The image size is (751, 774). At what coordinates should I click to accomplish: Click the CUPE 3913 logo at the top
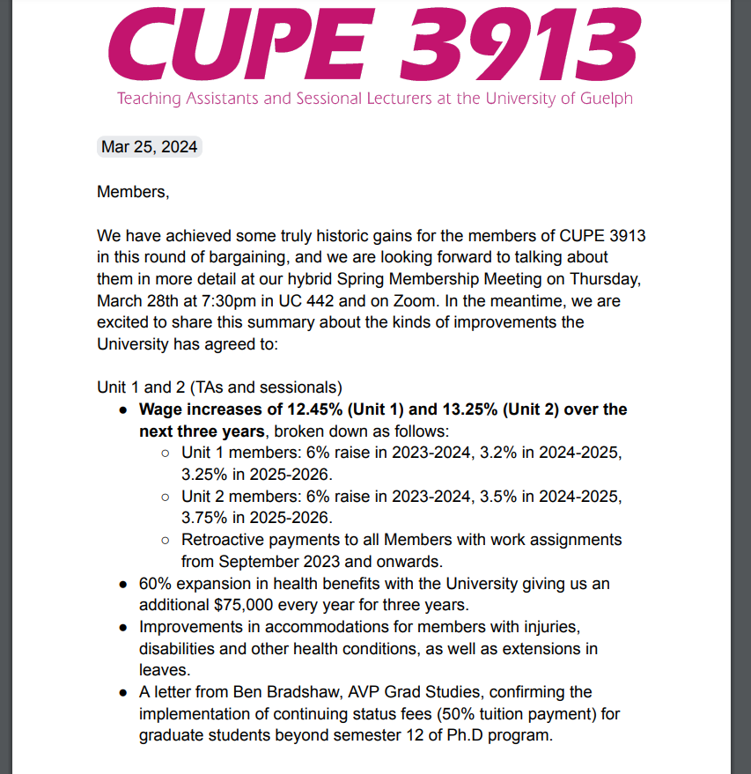[374, 41]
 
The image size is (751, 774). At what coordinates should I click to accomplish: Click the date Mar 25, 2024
[150, 147]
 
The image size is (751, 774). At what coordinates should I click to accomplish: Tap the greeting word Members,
[132, 191]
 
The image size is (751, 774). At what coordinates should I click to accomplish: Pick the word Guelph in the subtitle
[606, 98]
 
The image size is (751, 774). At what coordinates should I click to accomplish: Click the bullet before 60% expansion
[123, 584]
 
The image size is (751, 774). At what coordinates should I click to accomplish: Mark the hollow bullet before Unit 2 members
[166, 497]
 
